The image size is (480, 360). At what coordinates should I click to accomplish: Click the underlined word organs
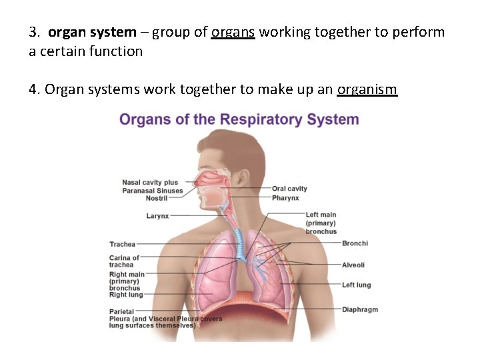(233, 32)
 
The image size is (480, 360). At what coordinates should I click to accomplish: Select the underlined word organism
(367, 90)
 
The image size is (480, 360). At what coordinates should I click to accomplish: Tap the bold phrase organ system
(92, 32)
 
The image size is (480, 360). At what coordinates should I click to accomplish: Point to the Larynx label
(158, 216)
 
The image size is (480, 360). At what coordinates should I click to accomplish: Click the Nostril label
(157, 199)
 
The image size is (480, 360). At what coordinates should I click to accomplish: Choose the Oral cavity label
(289, 189)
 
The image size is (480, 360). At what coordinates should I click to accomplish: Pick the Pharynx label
(285, 198)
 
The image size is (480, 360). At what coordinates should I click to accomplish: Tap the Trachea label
(123, 245)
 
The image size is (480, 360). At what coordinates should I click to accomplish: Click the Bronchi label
(355, 243)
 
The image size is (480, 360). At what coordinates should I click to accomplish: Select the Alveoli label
(353, 265)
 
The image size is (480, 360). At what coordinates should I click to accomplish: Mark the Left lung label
(357, 285)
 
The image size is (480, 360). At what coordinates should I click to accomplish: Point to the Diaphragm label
(360, 309)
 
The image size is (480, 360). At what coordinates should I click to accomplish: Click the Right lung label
(127, 295)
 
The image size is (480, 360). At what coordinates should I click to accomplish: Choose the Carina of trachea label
(124, 261)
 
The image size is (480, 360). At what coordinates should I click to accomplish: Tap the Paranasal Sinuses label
(152, 191)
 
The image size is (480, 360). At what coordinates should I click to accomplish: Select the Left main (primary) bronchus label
(321, 223)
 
